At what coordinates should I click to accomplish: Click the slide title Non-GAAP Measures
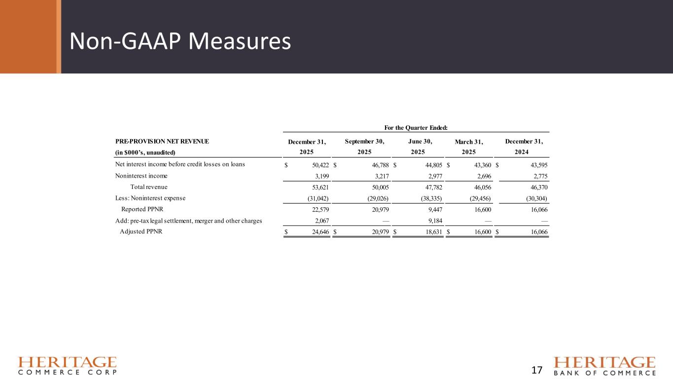pos(180,42)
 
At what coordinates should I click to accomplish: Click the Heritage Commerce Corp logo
pos(68,366)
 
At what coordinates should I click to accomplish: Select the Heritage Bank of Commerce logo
pos(605,366)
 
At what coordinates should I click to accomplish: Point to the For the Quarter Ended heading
pos(417,128)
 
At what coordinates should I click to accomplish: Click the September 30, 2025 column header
pos(365,147)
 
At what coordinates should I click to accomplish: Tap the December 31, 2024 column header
pos(524,147)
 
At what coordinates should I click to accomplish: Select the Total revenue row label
pos(149,187)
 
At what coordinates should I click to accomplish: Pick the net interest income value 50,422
pos(317,164)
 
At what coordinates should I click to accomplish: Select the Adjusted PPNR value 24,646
pos(318,232)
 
